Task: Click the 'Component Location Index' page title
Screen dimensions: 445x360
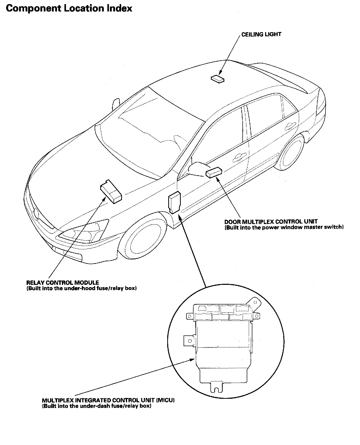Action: pos(69,8)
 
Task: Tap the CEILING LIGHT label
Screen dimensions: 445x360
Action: pos(261,34)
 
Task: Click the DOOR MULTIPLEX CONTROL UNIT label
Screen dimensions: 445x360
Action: pos(271,222)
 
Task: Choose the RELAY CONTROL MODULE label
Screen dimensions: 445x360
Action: pos(63,283)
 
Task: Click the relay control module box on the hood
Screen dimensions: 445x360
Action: pos(111,191)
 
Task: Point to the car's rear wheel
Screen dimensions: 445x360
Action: pos(292,154)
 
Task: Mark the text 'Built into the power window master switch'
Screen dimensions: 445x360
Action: pos(284,227)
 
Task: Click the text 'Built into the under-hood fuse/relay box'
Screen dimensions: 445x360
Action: pos(82,288)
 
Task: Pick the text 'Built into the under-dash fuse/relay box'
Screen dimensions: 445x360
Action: pos(97,406)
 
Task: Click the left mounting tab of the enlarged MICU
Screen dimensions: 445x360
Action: pos(189,341)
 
